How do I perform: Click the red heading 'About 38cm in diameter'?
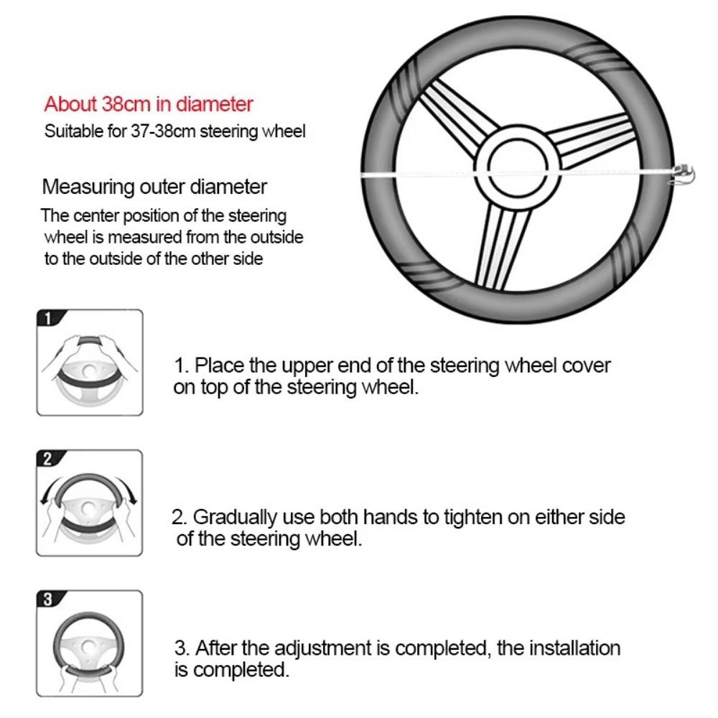[149, 104]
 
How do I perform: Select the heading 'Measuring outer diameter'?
[154, 187]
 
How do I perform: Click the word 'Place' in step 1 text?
[220, 365]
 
